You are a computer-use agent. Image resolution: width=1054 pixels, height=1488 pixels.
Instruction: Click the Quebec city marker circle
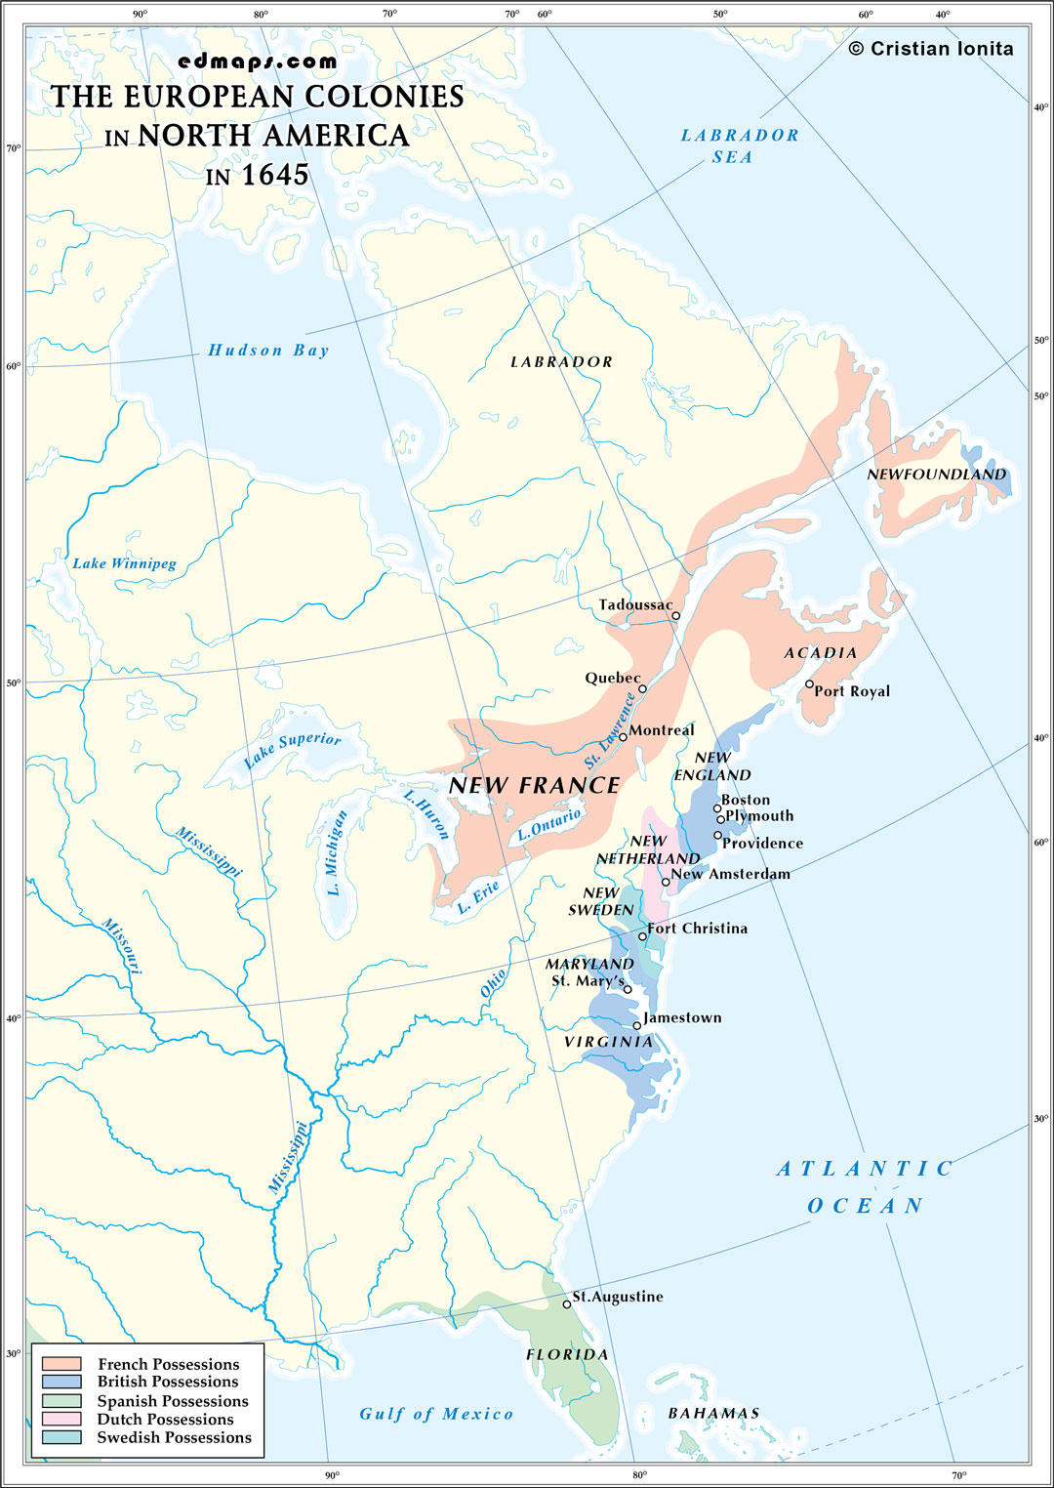coord(642,688)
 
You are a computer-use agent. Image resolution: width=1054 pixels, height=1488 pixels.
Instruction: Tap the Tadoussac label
coord(635,605)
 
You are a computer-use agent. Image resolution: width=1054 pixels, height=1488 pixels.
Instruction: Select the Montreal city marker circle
coord(623,736)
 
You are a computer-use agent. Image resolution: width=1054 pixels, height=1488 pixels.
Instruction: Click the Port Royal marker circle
coord(809,684)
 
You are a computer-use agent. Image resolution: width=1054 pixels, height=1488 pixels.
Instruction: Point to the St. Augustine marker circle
coord(567,1304)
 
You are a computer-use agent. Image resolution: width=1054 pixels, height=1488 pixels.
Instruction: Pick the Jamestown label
coord(682,1017)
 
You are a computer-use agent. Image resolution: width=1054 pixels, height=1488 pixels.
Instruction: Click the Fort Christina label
coord(698,929)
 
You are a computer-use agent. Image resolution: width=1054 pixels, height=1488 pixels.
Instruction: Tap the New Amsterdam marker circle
coord(667,882)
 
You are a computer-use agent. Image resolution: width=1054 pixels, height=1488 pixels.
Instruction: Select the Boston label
coord(746,800)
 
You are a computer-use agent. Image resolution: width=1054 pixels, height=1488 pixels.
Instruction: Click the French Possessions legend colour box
coord(61,1363)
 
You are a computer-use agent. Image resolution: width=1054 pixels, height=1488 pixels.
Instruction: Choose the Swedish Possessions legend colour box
coord(61,1437)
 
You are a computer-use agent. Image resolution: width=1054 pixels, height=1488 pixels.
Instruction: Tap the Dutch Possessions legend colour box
coord(61,1419)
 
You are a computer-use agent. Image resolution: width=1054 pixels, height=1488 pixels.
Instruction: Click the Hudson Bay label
coord(268,351)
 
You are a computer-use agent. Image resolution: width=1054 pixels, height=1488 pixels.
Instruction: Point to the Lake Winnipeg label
coord(124,563)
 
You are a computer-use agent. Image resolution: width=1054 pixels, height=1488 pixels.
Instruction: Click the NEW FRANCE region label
coord(534,786)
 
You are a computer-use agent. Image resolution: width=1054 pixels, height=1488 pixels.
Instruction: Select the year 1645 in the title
coord(274,175)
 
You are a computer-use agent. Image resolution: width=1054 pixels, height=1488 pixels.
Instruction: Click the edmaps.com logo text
coord(258,62)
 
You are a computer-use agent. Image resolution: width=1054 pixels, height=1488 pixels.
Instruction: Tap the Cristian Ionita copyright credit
coord(931,49)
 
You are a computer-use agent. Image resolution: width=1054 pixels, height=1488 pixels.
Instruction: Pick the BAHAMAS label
coord(713,1413)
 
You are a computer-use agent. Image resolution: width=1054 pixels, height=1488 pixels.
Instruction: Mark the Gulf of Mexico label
coord(436,1414)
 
